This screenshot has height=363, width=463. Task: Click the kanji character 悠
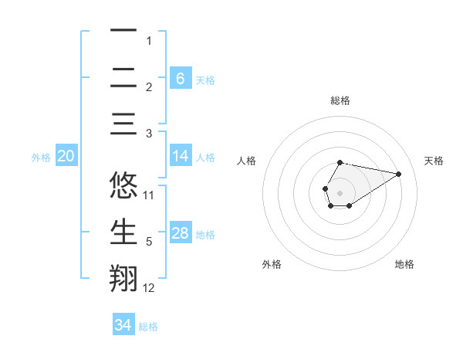(123, 186)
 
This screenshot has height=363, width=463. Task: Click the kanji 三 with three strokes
(123, 124)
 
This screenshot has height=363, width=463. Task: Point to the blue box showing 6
(180, 78)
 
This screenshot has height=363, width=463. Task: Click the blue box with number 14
(180, 156)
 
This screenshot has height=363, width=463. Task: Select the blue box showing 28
(180, 233)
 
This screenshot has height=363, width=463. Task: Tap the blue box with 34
(123, 325)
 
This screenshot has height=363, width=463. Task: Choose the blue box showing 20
(66, 156)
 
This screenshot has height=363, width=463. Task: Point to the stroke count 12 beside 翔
(149, 288)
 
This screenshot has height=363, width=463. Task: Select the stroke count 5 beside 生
(149, 242)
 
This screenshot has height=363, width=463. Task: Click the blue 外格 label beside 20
(41, 157)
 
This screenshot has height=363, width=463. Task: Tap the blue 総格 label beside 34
(148, 327)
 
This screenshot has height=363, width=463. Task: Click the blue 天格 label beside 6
(205, 80)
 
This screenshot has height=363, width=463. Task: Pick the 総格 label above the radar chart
(340, 100)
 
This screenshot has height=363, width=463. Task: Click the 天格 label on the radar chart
(434, 161)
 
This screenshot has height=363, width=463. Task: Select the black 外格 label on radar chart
(272, 264)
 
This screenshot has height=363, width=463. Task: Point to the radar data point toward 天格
(399, 173)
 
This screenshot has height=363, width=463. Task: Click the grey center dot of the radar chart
(340, 192)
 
